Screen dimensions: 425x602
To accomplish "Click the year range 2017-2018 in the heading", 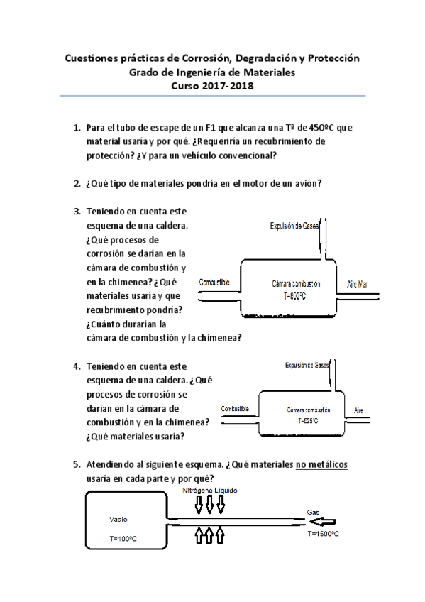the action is click(228, 86).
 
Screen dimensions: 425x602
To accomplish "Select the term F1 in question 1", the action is click(212, 128).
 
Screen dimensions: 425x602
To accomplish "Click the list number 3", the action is click(77, 212).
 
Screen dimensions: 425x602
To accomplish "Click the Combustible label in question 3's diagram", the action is click(214, 283).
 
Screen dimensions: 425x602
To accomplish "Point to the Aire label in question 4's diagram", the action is click(359, 411).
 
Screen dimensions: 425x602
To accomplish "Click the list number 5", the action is click(77, 465).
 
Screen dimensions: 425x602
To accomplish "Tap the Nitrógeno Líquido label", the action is click(210, 491).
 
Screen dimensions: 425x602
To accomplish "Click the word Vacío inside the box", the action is click(118, 519).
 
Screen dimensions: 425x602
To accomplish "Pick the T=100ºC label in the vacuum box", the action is click(123, 540).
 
